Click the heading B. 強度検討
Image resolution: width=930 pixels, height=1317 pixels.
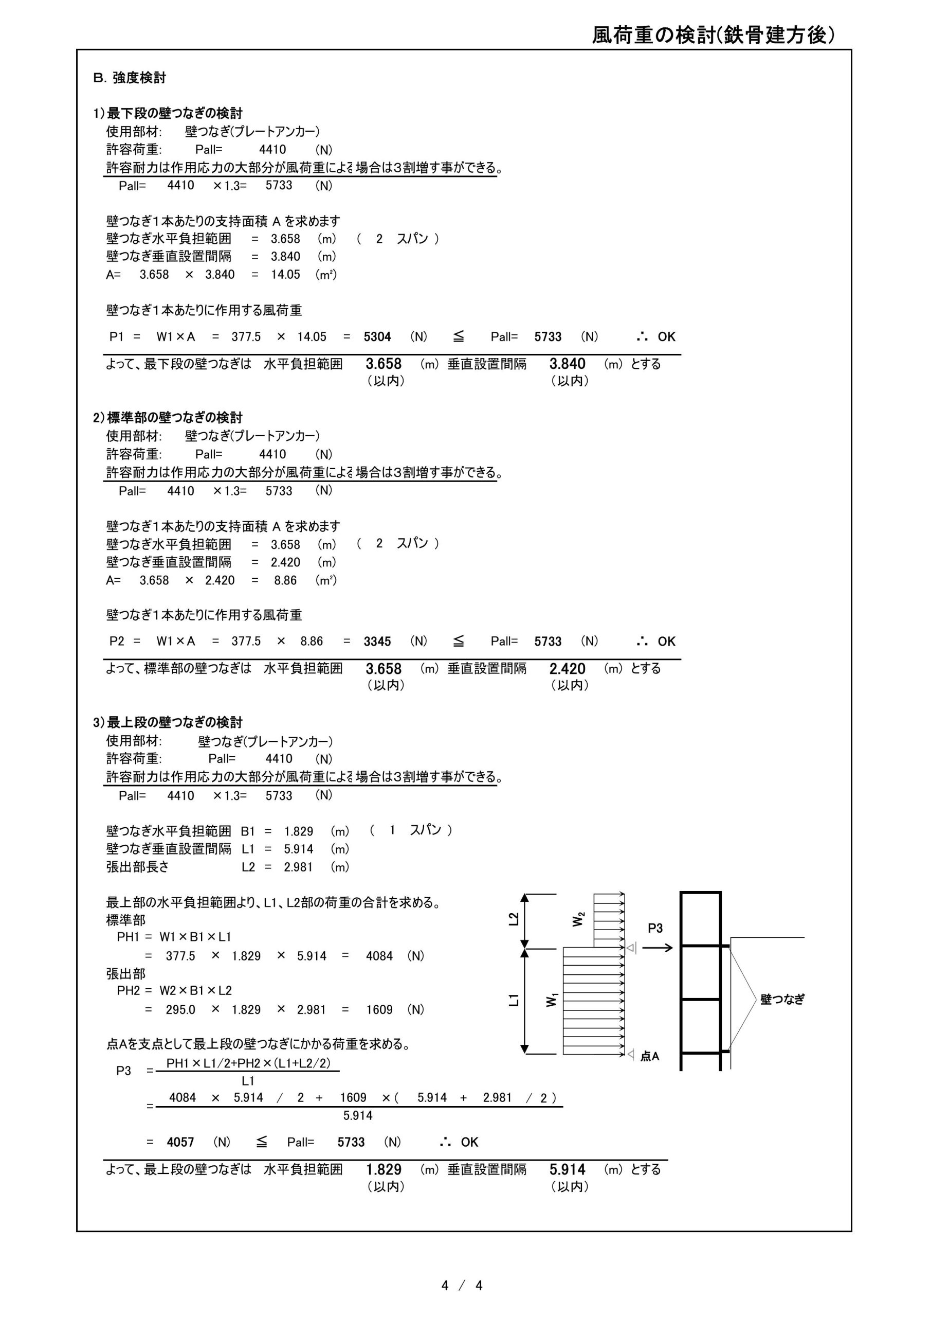(130, 78)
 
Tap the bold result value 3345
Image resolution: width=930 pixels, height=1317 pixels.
(377, 642)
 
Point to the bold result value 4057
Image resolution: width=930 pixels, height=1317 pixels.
(180, 1142)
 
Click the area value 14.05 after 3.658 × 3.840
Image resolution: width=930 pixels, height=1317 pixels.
(285, 274)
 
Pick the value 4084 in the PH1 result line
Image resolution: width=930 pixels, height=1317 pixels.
(379, 956)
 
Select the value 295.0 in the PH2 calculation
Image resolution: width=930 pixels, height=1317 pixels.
(180, 1009)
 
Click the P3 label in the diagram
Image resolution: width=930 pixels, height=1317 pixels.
(655, 928)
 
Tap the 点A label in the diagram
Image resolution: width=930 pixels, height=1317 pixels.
(650, 1056)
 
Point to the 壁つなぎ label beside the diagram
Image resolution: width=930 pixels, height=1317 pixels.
(782, 999)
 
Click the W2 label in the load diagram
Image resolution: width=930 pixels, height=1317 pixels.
(578, 919)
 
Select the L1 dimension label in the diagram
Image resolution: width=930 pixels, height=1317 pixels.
(514, 1001)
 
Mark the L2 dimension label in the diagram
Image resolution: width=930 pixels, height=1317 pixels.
(514, 919)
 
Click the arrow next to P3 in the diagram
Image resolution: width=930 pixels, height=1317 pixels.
(657, 948)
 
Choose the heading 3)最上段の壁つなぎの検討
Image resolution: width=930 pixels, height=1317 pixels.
(168, 722)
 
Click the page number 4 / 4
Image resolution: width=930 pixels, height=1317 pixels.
(462, 1286)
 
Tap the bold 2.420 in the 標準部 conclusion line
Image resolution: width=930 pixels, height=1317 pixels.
(567, 669)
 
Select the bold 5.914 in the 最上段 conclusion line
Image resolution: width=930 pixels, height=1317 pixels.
(567, 1169)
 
